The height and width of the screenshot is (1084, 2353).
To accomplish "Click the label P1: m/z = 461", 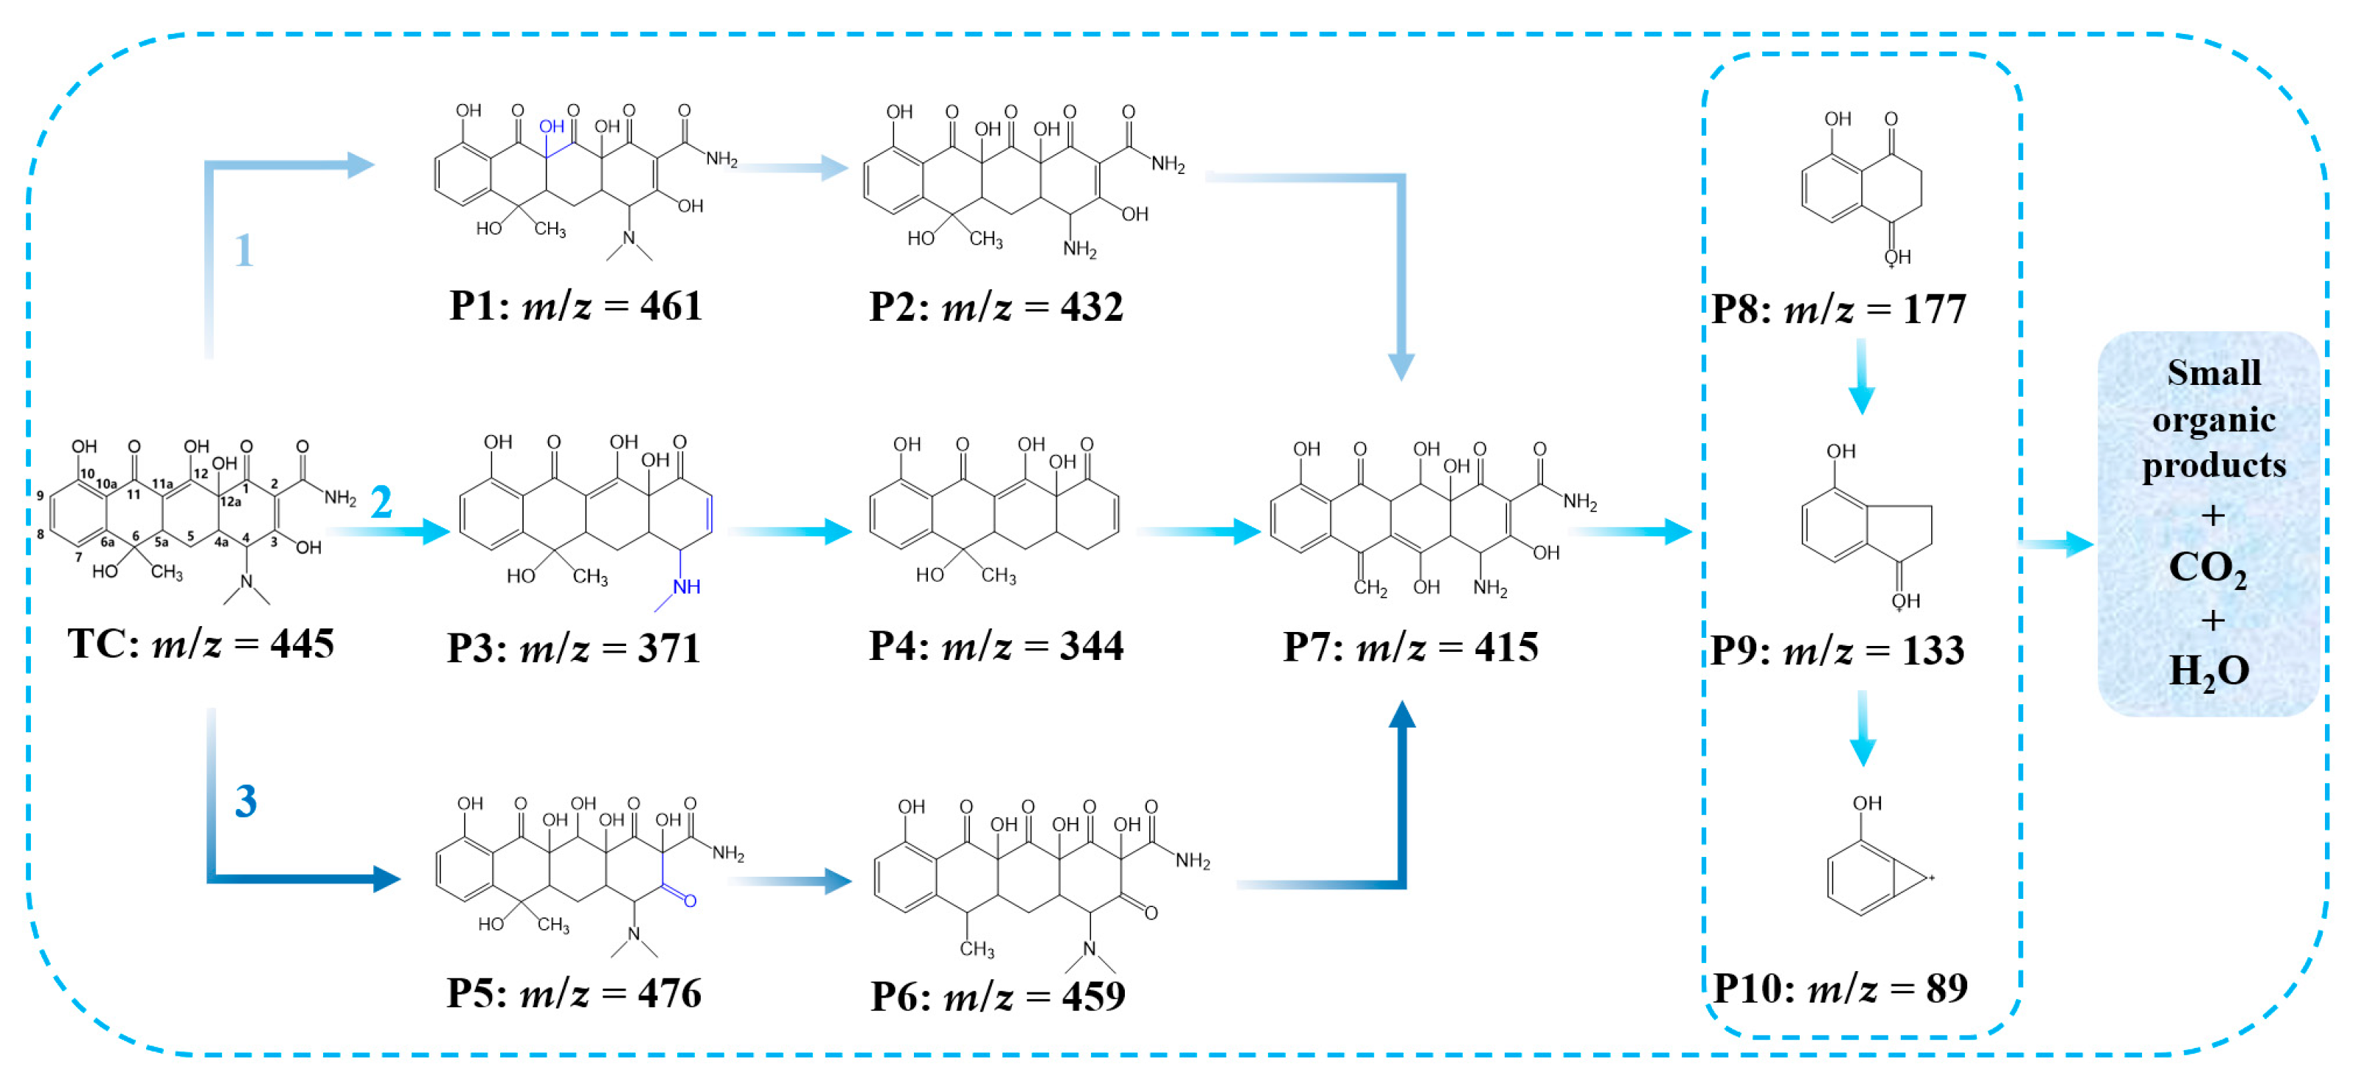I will click(x=575, y=306).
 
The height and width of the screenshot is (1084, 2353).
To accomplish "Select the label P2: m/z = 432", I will click(x=996, y=307).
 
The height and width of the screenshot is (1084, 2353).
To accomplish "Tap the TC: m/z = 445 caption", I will click(x=201, y=645).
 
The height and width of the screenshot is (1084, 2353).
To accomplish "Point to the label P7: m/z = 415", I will click(x=1410, y=647).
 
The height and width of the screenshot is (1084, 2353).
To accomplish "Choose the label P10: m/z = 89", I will click(x=1840, y=988).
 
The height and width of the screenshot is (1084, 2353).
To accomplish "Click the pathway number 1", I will click(x=243, y=250).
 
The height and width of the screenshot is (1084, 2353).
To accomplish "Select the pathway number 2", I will click(x=381, y=502).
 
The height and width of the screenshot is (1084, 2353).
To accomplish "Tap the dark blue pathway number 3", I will click(x=246, y=801).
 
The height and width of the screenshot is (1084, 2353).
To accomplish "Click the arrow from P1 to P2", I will click(x=791, y=167).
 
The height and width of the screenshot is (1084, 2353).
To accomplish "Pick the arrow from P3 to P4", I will click(x=791, y=532).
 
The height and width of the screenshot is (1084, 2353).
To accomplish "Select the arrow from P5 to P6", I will click(x=791, y=881).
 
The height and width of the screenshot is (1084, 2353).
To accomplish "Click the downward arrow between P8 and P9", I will click(x=1862, y=376).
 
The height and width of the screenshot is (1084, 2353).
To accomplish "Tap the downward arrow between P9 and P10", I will click(x=1862, y=728).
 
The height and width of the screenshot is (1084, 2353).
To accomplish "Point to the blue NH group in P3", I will click(x=686, y=587).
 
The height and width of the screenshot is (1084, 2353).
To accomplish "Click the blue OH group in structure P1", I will click(x=551, y=127).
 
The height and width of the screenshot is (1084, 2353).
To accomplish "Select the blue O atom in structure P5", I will click(x=690, y=901).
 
